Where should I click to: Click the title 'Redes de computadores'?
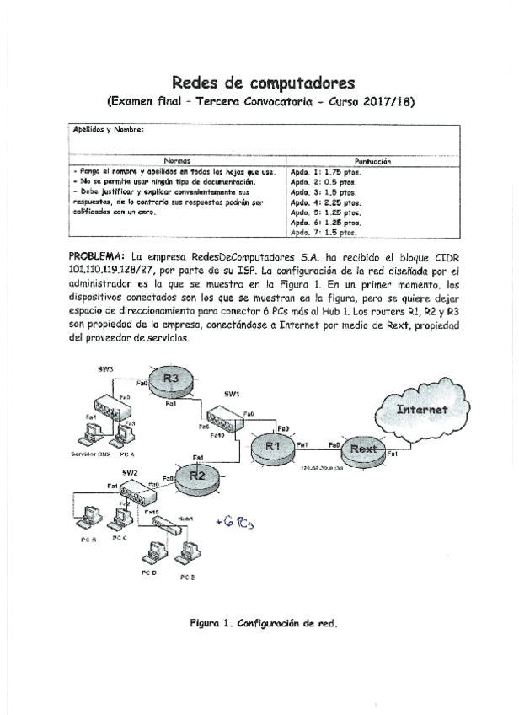[x=260, y=82]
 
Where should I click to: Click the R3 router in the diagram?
[x=171, y=379]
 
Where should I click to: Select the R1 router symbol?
[x=271, y=445]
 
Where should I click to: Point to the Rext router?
[x=363, y=449]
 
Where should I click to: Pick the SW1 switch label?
[x=233, y=393]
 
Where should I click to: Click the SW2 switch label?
[x=129, y=473]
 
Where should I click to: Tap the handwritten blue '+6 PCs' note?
[x=235, y=521]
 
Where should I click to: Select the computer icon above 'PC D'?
[x=152, y=551]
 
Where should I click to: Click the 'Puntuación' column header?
[x=372, y=160]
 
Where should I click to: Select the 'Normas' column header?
[x=177, y=160]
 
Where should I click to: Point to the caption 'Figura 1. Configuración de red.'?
[x=263, y=625]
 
